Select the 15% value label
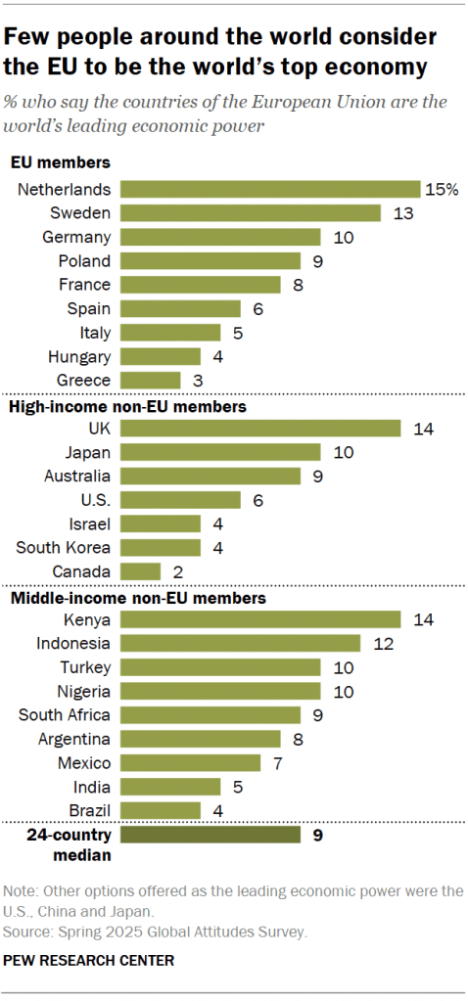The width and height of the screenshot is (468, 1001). [x=442, y=189]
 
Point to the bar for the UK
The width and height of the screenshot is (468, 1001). [x=260, y=428]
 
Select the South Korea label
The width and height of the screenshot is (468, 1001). [x=63, y=547]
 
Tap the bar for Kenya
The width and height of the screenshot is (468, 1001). [x=260, y=618]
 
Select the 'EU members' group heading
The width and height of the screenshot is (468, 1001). [x=60, y=163]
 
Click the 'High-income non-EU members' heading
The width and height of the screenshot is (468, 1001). [x=126, y=404]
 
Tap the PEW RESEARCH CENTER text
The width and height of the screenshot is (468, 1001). [x=89, y=961]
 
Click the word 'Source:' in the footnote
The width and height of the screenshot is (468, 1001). [x=26, y=932]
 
